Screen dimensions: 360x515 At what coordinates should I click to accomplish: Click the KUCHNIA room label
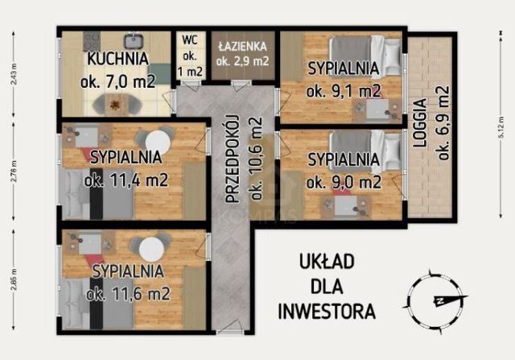click(x=117, y=59)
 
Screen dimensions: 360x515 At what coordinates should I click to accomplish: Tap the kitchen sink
click(x=133, y=40)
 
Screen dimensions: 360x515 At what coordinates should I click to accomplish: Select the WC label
click(x=190, y=39)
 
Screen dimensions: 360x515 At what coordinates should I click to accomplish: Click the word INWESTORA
click(x=326, y=309)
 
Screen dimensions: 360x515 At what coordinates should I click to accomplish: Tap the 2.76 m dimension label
click(x=14, y=173)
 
